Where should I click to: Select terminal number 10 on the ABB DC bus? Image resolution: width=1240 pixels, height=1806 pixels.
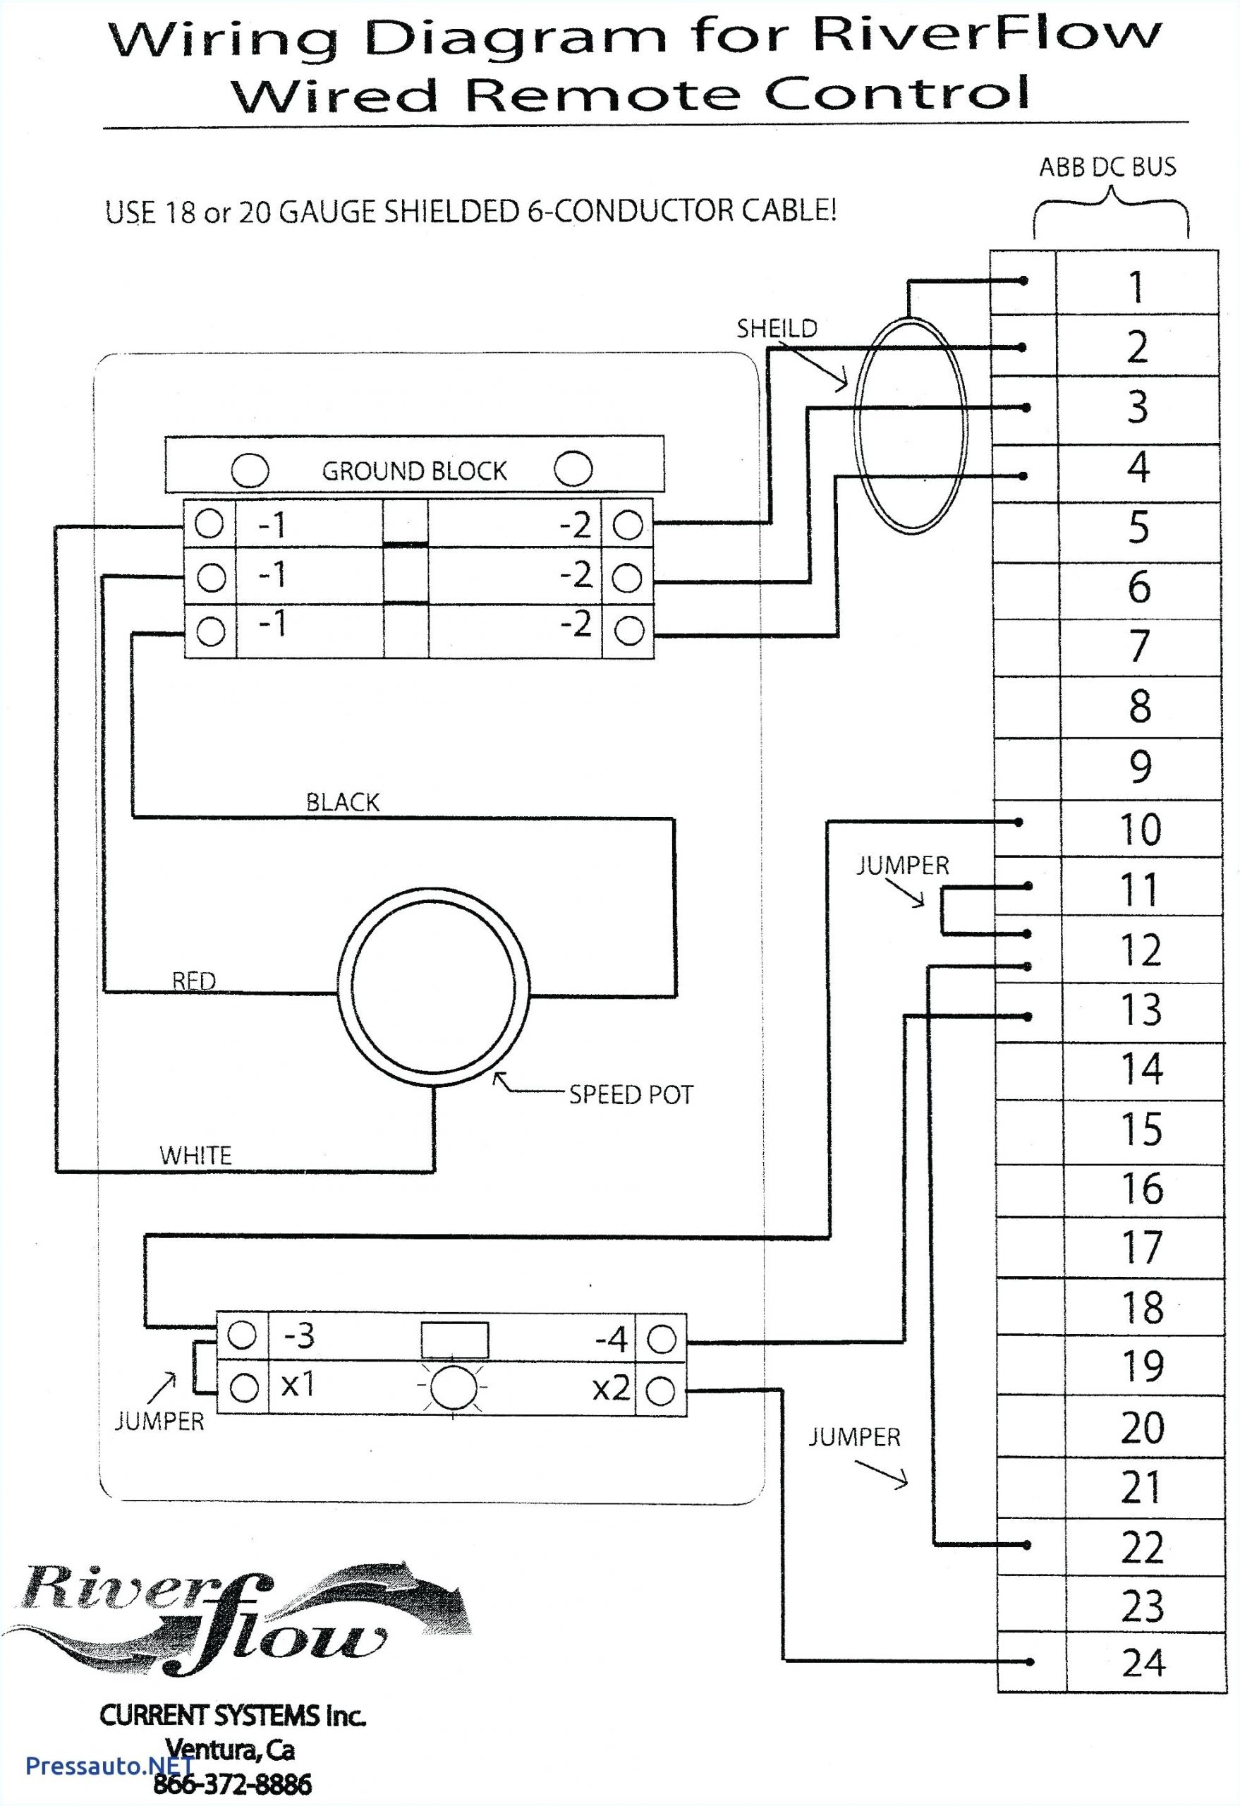click(1140, 829)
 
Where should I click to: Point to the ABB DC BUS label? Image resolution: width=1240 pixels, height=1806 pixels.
click(1107, 167)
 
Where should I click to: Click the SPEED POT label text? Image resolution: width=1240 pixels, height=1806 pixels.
click(630, 1095)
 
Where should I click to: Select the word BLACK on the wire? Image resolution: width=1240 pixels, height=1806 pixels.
click(342, 802)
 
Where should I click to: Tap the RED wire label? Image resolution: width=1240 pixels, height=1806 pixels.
click(193, 981)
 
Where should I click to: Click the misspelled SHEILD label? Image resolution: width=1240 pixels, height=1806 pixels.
click(776, 328)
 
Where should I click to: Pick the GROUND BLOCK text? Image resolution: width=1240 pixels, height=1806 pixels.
click(413, 471)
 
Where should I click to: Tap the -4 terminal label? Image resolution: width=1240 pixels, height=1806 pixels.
click(610, 1339)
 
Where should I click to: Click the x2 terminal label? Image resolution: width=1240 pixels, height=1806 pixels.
click(611, 1388)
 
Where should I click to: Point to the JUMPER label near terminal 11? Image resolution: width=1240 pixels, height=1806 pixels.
click(902, 865)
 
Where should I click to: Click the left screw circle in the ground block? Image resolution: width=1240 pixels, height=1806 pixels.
click(250, 470)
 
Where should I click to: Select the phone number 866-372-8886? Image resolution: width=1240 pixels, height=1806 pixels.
click(232, 1783)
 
